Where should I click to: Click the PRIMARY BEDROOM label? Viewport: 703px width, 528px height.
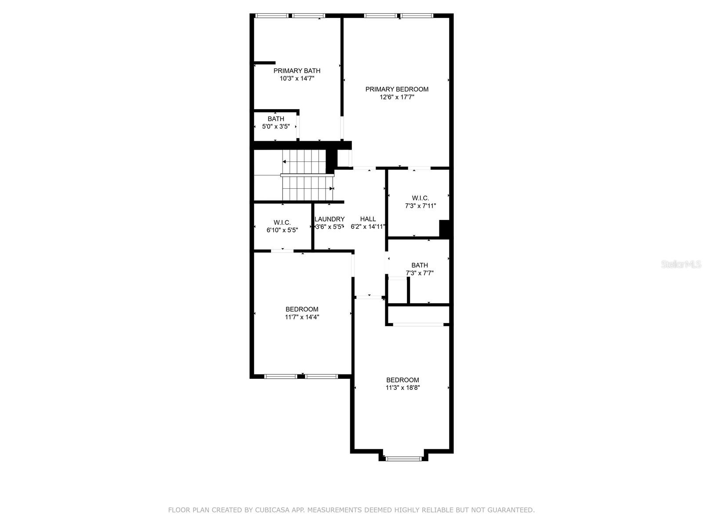pos(397,89)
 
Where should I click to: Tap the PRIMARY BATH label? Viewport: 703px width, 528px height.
pos(297,71)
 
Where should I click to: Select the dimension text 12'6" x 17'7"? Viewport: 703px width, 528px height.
pos(397,97)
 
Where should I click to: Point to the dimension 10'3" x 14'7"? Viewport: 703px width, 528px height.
pos(297,79)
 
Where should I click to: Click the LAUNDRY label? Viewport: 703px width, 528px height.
pos(330,219)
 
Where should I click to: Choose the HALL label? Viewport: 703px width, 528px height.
pos(368,219)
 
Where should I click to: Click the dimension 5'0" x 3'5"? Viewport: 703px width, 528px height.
pos(276,127)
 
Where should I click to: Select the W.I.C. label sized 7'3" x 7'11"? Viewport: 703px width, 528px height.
pos(420,198)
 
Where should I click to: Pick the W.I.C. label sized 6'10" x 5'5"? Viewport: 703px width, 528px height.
pos(282,223)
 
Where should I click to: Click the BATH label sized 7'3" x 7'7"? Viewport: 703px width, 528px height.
pos(420,265)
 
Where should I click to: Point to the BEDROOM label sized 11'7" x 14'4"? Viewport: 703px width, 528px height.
pos(302,309)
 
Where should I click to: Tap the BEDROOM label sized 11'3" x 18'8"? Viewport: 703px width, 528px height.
pos(402,380)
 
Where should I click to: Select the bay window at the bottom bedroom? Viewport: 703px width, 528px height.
pos(403,459)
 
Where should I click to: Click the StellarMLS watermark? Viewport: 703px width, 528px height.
pos(681,264)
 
